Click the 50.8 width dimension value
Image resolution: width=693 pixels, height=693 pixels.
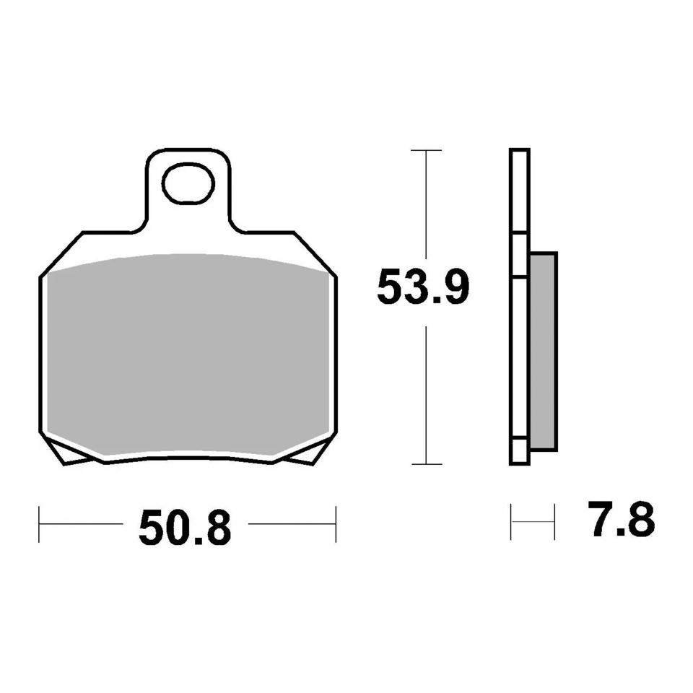pyautogui.click(x=185, y=528)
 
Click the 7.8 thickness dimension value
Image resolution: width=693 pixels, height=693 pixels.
pyautogui.click(x=621, y=519)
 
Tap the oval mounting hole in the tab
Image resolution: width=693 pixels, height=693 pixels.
pyautogui.click(x=188, y=183)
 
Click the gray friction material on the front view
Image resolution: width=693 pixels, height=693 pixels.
pyautogui.click(x=188, y=354)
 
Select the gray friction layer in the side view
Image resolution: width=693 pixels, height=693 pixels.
pyautogui.click(x=543, y=352)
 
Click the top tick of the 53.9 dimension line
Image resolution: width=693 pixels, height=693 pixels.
pyautogui.click(x=426, y=150)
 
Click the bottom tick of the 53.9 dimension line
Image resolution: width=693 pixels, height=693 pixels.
pyautogui.click(x=427, y=464)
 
